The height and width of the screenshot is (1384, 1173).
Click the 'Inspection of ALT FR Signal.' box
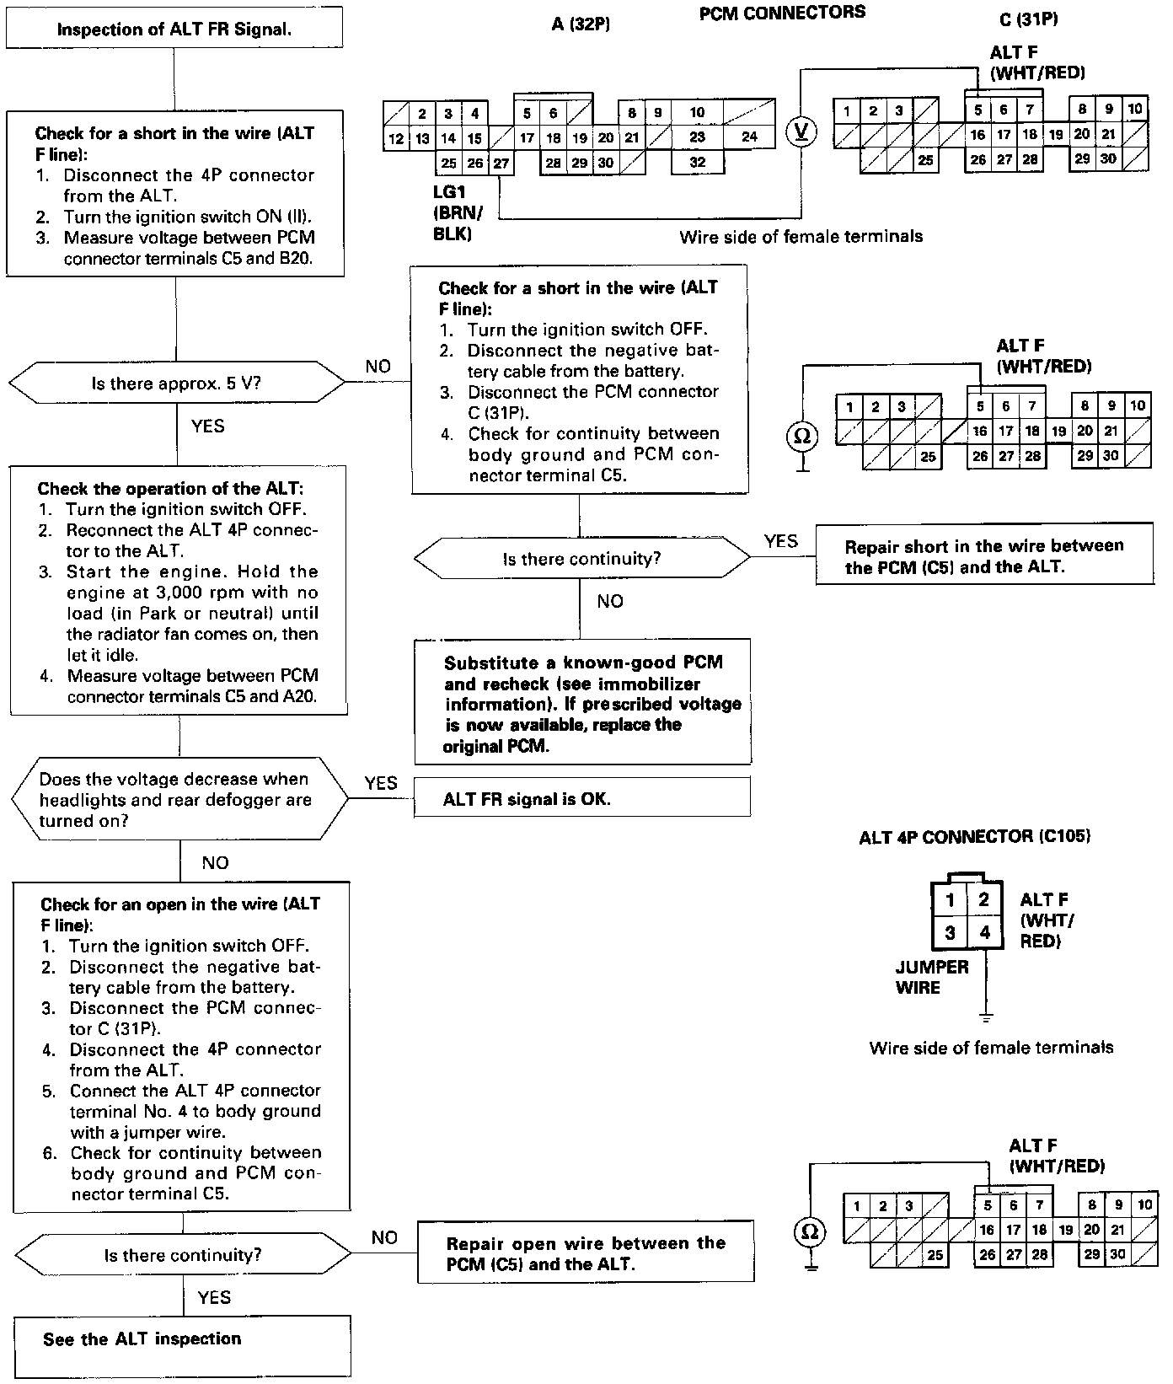(174, 30)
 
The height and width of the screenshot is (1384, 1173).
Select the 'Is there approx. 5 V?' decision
(176, 384)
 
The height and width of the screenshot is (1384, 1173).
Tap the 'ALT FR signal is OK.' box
(581, 797)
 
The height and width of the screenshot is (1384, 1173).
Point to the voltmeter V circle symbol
(801, 131)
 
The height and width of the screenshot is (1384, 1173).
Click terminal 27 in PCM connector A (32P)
(501, 164)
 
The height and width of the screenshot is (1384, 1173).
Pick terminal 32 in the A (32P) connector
(697, 162)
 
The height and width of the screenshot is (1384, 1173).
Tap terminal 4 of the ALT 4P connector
(984, 933)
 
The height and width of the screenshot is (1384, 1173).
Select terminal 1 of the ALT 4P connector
(950, 899)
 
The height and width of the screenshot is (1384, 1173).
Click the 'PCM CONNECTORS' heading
(782, 13)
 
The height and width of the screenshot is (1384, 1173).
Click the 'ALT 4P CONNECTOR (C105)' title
(974, 837)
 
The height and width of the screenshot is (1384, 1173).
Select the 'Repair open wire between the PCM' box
(586, 1253)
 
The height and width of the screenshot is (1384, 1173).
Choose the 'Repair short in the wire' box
(984, 556)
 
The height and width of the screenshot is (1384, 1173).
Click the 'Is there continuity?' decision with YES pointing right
(581, 559)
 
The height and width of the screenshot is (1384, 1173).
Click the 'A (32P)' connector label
(581, 24)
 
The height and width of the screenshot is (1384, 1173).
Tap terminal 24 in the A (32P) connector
(749, 137)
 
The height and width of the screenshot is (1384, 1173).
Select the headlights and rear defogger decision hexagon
(179, 800)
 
